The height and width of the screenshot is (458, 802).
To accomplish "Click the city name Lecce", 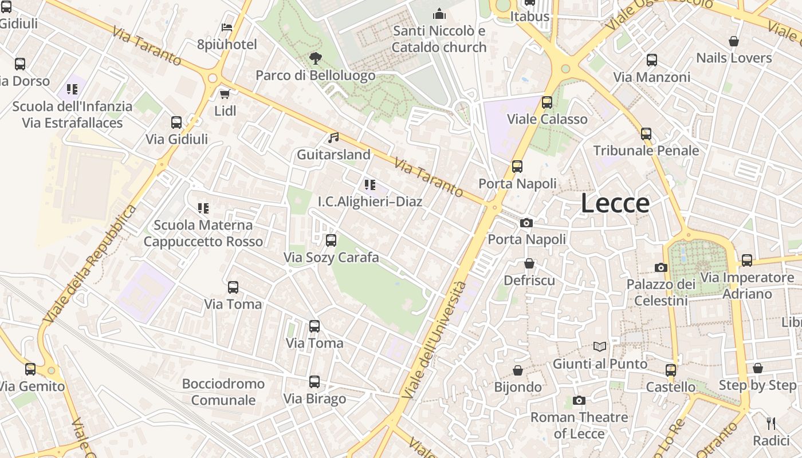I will tap(615, 203).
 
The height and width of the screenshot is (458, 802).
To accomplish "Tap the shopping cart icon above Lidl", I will tap(225, 94).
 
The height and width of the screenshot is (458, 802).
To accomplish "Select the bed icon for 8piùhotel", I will tap(227, 27).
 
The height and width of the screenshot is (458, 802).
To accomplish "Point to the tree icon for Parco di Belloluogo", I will tap(315, 58).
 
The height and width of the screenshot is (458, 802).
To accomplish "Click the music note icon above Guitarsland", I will tap(333, 137).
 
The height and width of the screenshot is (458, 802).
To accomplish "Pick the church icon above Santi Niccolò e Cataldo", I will tap(439, 14).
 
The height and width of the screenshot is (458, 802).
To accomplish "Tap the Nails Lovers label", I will tap(734, 58).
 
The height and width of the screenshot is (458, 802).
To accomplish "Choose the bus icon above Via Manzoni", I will tap(651, 60).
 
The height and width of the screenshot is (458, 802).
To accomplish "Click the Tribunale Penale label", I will tap(646, 151).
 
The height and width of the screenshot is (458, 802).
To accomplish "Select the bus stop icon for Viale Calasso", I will tap(547, 102).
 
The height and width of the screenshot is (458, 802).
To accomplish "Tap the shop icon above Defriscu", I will tap(529, 263).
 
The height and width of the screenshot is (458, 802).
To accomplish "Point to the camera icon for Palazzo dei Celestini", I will tap(661, 267).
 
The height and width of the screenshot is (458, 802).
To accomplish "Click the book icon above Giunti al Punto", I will tap(600, 346).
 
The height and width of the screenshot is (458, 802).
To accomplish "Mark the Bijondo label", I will tap(518, 387).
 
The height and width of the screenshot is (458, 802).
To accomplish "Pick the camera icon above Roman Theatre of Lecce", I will tap(579, 400).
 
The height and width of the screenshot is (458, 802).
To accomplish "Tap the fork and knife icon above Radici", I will tap(771, 424).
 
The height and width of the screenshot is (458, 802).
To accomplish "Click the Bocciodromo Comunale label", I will tap(223, 392).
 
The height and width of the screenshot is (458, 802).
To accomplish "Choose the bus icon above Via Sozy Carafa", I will tap(331, 240).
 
